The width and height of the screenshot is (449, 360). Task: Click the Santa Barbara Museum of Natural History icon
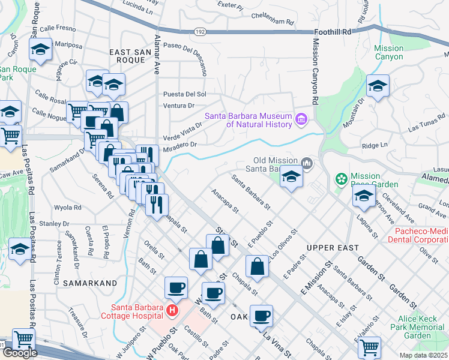[301, 121]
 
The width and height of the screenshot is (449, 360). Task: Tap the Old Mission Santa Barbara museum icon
[307, 163]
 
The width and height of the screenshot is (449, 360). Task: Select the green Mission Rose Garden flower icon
[342, 179]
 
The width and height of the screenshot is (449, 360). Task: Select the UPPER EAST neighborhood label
[332, 247]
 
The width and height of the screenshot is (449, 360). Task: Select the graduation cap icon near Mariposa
[40, 49]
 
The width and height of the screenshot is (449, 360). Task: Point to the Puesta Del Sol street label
[184, 94]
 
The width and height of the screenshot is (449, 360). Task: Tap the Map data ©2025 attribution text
[423, 355]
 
